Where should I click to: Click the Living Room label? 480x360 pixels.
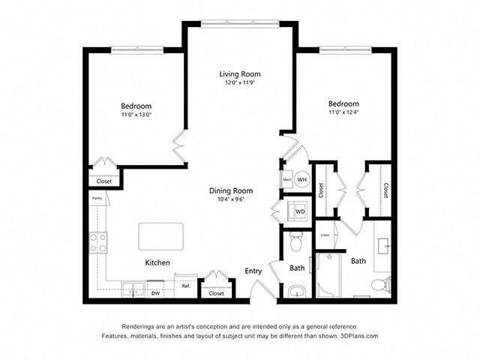(x=239, y=73)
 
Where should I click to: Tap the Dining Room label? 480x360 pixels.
(x=230, y=190)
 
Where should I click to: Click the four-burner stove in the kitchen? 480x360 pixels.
(x=98, y=242)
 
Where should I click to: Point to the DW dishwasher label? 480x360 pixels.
(x=156, y=294)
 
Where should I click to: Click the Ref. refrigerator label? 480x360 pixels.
(x=184, y=286)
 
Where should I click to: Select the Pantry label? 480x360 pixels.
(x=97, y=199)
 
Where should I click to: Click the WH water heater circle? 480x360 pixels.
(x=301, y=180)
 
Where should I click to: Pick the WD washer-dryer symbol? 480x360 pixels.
(x=300, y=211)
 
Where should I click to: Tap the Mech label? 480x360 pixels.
(x=286, y=180)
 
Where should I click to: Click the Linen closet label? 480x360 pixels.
(x=324, y=235)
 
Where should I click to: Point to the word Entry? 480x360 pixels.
(x=253, y=271)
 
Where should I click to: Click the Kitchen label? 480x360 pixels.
(x=157, y=262)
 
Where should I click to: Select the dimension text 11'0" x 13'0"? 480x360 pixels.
(x=137, y=115)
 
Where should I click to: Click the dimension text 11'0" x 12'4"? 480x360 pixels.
(x=343, y=112)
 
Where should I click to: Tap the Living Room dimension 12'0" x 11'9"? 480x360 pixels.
(x=239, y=83)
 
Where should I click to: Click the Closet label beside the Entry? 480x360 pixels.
(x=216, y=293)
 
